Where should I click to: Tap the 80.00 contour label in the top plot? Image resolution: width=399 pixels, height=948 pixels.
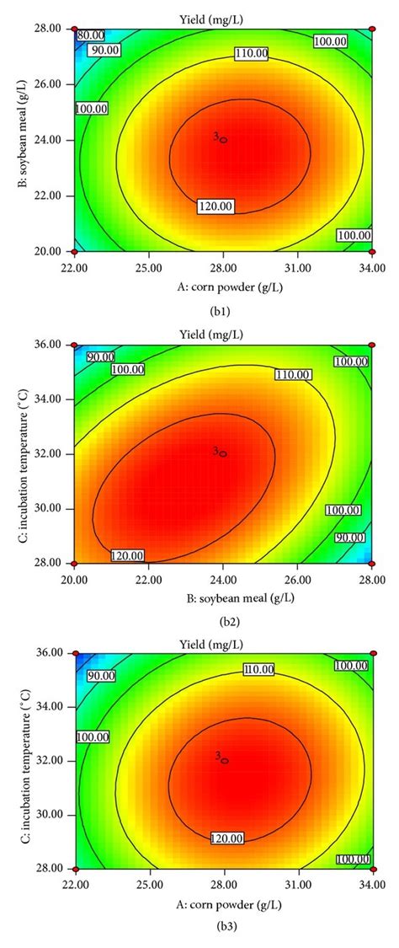(x=90, y=35)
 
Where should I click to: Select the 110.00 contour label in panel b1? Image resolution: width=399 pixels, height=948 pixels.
(x=250, y=53)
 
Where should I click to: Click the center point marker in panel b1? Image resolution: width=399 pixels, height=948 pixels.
(x=224, y=140)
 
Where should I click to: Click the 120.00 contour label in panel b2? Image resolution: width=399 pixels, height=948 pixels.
(x=127, y=555)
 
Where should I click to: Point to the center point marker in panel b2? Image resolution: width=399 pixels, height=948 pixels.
(x=224, y=453)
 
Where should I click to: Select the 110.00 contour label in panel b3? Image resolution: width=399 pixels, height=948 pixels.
(x=258, y=670)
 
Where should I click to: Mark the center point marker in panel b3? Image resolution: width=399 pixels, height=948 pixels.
(x=224, y=760)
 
